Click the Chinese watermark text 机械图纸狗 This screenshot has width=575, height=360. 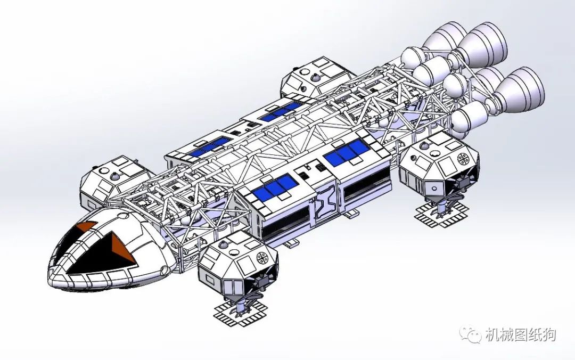(520, 334)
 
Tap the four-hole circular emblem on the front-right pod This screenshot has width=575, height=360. (263, 258)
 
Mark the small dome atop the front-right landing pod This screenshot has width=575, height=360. (223, 245)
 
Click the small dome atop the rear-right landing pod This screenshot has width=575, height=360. (424, 145)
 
